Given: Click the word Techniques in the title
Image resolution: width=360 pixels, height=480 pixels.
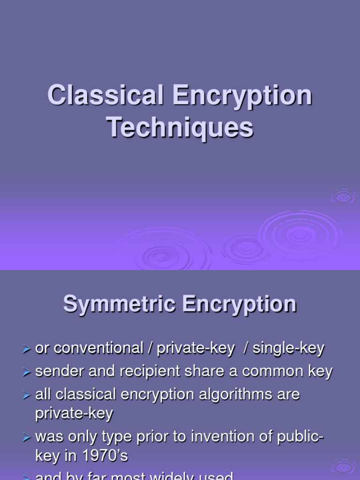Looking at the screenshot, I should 180,127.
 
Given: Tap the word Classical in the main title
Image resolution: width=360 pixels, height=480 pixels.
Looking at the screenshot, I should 105,95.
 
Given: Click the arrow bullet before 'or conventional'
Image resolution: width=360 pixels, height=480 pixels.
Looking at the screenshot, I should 26,349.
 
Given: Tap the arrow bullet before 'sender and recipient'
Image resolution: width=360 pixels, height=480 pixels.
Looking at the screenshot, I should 26,372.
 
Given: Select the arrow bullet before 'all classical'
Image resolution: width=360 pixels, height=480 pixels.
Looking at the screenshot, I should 26,395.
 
